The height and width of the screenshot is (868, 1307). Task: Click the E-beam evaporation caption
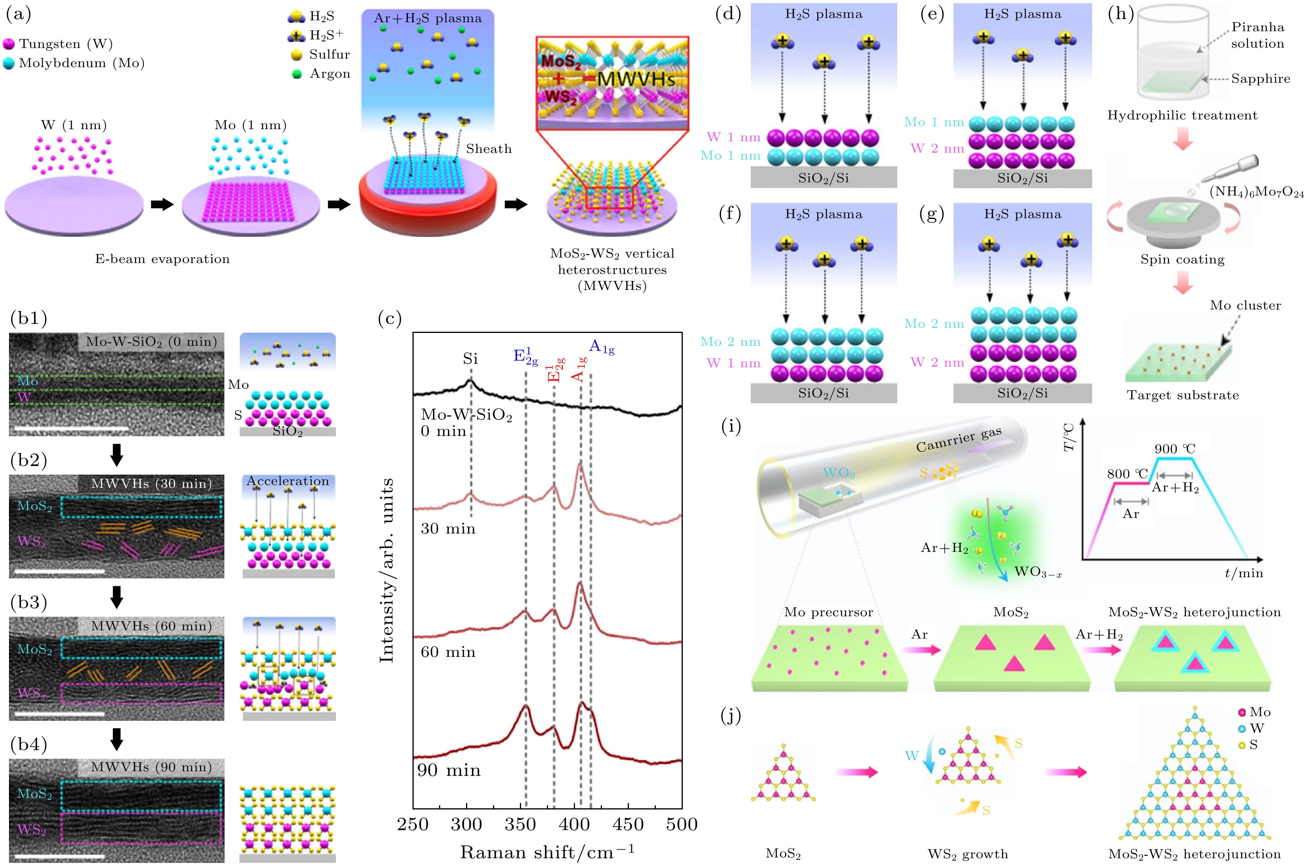[x=162, y=259]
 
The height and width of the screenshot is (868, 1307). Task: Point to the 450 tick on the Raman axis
[x=628, y=825]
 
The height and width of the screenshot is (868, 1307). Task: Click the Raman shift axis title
[x=547, y=852]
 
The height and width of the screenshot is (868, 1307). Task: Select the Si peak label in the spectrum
[x=470, y=359]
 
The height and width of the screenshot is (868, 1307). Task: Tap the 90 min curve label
[x=449, y=770]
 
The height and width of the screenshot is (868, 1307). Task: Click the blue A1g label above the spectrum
[x=601, y=347]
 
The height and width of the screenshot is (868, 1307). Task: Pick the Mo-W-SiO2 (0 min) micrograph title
[x=151, y=342]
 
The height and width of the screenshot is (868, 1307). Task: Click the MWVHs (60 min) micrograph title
[x=151, y=626]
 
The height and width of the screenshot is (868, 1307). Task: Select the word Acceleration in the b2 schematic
[x=287, y=481]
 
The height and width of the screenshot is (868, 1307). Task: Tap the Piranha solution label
[x=1257, y=35]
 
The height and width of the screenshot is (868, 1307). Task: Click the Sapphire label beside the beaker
[x=1261, y=78]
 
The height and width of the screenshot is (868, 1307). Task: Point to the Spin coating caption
[x=1182, y=260]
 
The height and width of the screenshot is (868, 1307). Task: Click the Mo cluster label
[x=1245, y=306]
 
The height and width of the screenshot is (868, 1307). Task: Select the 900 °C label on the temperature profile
[x=1175, y=448]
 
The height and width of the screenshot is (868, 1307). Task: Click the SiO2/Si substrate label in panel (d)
[x=823, y=178]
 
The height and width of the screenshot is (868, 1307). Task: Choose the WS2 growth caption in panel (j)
[x=968, y=854]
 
